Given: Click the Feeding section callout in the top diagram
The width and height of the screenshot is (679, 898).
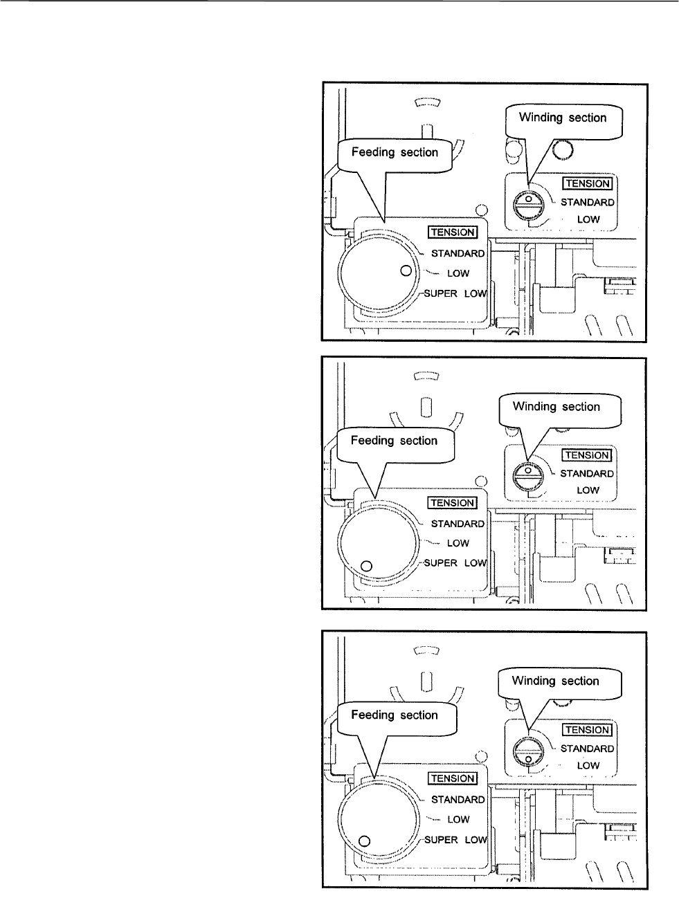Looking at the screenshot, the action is tap(395, 153).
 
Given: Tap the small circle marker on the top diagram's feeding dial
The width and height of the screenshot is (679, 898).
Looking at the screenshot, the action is tap(406, 271).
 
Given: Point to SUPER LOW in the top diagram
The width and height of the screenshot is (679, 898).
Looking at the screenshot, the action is tap(455, 293).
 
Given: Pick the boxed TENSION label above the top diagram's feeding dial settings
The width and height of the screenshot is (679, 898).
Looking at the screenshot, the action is tap(453, 232).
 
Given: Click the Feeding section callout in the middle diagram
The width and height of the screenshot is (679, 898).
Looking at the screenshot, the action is tap(395, 441).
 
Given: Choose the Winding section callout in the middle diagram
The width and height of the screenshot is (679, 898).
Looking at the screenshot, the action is tap(556, 407).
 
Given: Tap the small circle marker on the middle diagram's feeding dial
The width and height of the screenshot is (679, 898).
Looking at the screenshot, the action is tap(368, 567).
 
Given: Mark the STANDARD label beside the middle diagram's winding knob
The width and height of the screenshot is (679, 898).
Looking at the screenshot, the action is tap(587, 474).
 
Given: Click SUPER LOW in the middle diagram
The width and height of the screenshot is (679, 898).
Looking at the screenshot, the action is tap(455, 562).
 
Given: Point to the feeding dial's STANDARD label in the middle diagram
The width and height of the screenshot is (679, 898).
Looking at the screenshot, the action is tap(458, 524).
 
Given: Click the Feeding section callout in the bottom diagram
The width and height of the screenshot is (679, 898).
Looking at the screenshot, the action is tap(395, 715).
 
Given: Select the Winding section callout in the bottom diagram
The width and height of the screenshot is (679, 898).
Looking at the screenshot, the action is tap(555, 681).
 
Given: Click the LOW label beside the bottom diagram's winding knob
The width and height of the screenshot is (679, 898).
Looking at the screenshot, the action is tap(588, 766).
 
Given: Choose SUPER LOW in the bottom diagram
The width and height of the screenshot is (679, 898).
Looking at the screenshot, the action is tap(455, 839).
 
